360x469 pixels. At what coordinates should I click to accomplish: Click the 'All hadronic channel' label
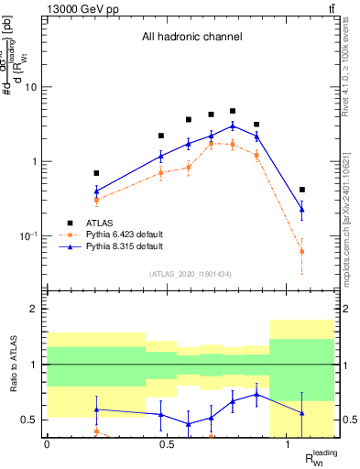191,38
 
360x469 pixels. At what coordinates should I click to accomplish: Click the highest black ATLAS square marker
233,111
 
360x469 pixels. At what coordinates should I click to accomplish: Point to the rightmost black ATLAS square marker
302,190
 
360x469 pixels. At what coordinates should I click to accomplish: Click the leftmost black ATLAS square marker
96,172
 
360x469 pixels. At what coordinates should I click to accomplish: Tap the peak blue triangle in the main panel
233,125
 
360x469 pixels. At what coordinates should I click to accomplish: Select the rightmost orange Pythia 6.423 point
302,251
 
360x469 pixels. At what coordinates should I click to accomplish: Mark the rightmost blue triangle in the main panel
302,210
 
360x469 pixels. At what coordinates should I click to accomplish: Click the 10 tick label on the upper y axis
30,88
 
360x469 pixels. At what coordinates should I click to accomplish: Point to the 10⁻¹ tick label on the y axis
28,236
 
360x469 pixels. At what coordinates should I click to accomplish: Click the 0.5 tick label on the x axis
168,445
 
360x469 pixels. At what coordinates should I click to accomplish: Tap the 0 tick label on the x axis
47,445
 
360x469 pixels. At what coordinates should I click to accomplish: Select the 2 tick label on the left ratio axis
33,310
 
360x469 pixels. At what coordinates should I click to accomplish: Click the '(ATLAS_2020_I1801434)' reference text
190,275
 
